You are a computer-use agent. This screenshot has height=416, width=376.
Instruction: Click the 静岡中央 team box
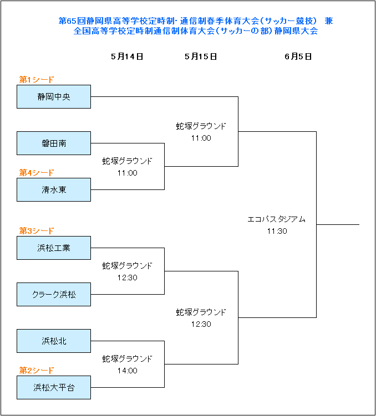coord(54,96)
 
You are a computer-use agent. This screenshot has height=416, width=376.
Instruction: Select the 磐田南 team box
coord(54,143)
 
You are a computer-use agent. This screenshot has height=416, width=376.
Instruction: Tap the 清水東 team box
coord(54,189)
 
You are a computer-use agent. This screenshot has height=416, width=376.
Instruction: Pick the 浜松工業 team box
coord(54,248)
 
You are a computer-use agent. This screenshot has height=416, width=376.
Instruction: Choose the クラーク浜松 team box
coord(54,295)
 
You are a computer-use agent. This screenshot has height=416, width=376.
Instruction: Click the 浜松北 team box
coord(54,341)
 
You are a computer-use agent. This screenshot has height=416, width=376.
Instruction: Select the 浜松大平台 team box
coord(54,387)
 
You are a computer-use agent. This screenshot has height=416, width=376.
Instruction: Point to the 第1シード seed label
coord(37,79)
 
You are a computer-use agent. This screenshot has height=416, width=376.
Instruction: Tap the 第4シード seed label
coord(37,172)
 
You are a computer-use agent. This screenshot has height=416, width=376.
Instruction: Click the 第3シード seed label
coord(37,230)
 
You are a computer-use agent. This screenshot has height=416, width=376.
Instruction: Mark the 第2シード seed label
coord(37,370)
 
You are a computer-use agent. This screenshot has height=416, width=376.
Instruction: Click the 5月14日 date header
coord(127,57)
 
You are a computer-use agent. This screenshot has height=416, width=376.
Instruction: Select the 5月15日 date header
coord(201,57)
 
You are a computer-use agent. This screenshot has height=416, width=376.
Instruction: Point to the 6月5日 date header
coord(298,57)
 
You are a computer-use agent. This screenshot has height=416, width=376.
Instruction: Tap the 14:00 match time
coord(128,371)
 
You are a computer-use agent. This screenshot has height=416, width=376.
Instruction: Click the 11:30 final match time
coord(277,231)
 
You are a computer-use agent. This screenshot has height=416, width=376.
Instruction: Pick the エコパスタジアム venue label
coord(276,219)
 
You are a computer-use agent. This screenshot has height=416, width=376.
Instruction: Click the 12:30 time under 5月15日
coord(201,324)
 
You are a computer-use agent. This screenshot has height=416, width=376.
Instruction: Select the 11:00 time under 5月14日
coord(128,173)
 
